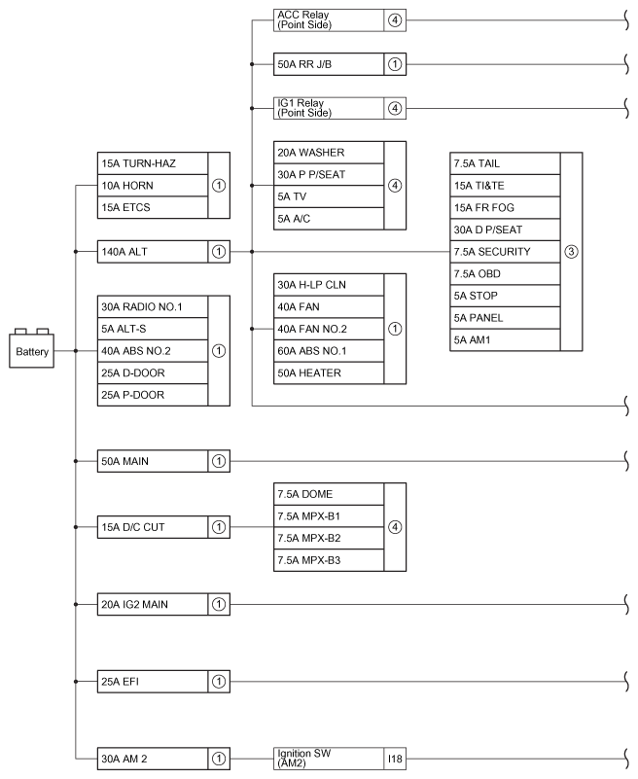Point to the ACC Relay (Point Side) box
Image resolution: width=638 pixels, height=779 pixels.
coord(329,19)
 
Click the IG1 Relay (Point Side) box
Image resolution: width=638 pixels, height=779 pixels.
coord(329,107)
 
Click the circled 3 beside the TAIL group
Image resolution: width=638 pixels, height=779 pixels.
coord(571,251)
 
